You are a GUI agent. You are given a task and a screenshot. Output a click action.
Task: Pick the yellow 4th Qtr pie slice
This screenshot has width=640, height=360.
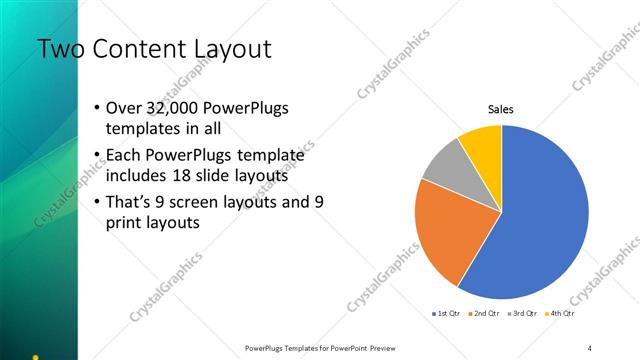(483, 142)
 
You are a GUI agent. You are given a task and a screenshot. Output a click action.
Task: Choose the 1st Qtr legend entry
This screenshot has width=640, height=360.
(447, 314)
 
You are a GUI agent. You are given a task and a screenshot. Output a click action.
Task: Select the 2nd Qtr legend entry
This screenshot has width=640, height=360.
(485, 314)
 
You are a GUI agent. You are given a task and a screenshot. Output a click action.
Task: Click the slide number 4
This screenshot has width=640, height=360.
(590, 347)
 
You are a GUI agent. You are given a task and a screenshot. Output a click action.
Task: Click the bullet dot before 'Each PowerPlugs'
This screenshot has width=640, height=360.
(95, 156)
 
